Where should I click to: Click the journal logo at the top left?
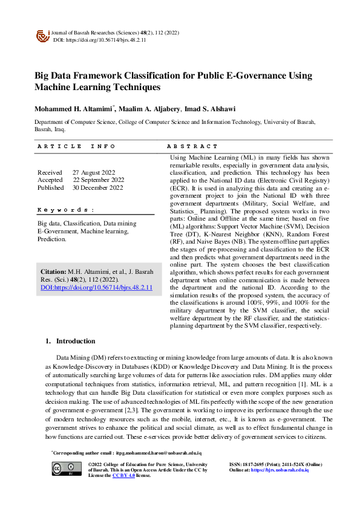click(42, 36)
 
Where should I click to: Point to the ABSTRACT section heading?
click(192, 146)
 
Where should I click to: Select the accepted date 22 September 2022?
click(99, 180)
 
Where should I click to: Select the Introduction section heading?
click(75, 341)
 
